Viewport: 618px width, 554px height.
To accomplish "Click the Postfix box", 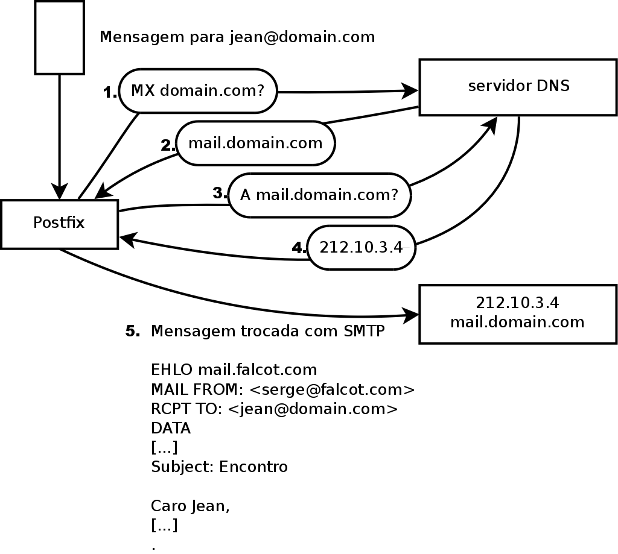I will (59, 224).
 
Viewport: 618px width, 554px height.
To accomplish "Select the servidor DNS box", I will (518, 87).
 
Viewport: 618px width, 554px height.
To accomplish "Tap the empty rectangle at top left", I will (59, 37).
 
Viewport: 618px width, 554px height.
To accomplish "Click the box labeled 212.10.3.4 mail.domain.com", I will (517, 313).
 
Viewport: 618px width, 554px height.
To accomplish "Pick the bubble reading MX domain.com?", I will (198, 91).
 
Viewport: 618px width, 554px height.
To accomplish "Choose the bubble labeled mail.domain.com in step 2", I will (255, 143).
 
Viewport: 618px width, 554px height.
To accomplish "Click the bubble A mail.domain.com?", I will (319, 195).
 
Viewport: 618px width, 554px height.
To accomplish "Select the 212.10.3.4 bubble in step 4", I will (361, 247).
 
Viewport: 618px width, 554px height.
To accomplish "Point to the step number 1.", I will (110, 93).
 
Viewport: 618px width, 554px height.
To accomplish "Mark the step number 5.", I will (133, 332).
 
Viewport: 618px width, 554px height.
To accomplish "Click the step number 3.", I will (220, 194).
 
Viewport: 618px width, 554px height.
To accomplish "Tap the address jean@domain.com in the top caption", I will (302, 37).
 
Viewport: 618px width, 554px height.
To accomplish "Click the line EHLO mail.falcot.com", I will (234, 369).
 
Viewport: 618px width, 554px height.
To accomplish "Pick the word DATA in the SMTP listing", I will (171, 429).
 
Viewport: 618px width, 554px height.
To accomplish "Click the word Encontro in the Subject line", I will (253, 467).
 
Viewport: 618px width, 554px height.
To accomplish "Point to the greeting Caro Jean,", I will (190, 506).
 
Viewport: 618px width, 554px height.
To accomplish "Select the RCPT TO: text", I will (187, 409).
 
